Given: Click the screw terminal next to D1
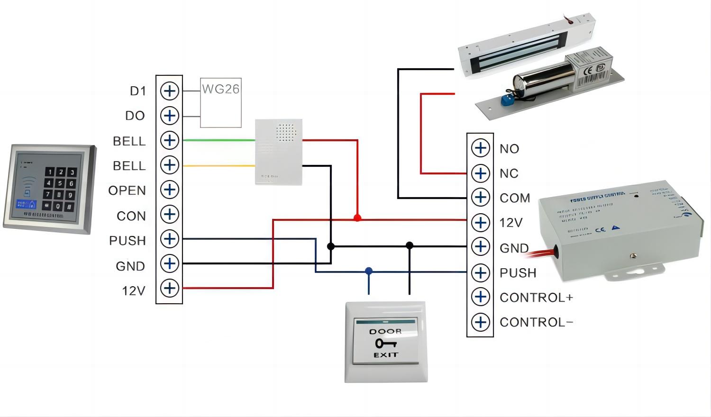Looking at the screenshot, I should (x=169, y=91).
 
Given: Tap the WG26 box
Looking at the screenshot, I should (x=221, y=103).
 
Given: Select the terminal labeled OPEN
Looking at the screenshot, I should (x=169, y=190).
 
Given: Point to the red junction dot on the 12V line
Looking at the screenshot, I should (x=357, y=218).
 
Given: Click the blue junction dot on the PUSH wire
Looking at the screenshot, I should (x=369, y=271).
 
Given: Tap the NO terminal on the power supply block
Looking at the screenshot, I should (x=480, y=148).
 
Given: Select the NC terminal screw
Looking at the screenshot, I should (x=480, y=173).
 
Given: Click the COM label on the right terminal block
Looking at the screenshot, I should (x=515, y=198).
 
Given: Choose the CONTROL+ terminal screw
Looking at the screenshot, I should (x=480, y=297).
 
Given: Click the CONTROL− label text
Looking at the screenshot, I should (x=536, y=322).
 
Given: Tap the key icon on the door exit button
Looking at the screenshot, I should (x=386, y=343).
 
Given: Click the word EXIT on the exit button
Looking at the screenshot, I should (x=386, y=355).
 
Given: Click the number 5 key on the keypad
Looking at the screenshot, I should (x=60, y=183).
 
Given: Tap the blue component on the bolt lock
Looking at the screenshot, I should (x=507, y=100).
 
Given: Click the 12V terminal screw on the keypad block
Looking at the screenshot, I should (x=169, y=288).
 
